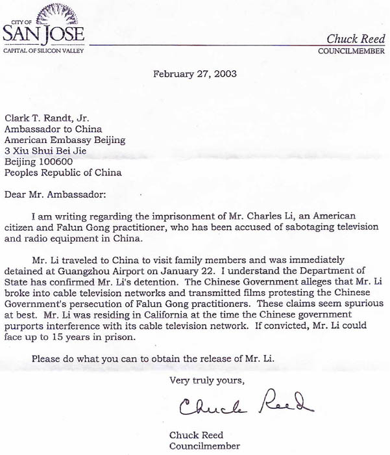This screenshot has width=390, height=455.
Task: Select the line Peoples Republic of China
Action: click(62, 172)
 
